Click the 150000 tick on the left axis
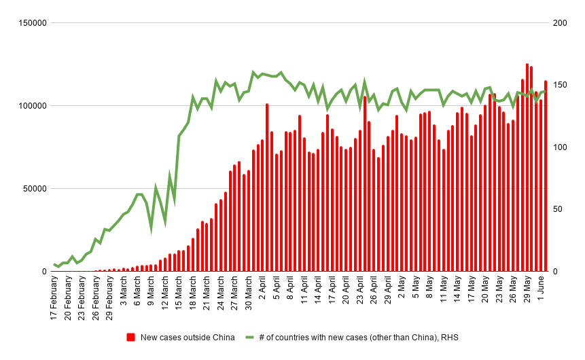point(32,23)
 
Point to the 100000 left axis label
point(32,106)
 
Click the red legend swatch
point(131,338)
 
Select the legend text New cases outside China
point(188,338)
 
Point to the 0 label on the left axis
point(43,272)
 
